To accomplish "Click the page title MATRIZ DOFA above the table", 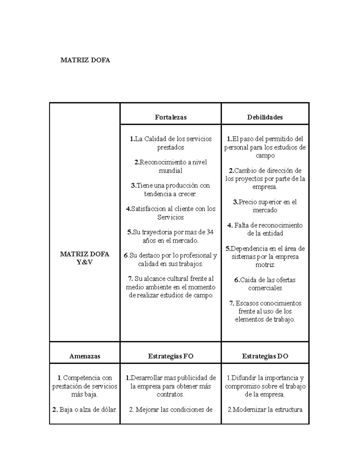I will coord(85,60).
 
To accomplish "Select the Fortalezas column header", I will coord(171,117).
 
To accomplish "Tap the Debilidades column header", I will coord(265,117).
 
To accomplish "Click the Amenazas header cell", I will coord(85,356).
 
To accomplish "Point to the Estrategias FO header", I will coord(171,356).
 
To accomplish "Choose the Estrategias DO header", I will coord(265,356).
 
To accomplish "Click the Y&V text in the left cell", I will coord(85,262).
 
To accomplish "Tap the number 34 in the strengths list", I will coord(210,232).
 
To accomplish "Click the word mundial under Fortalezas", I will coord(171,170).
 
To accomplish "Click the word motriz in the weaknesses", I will coord(265,265).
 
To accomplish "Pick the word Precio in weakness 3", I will coord(248,202).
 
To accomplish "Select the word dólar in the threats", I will coord(109,409).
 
